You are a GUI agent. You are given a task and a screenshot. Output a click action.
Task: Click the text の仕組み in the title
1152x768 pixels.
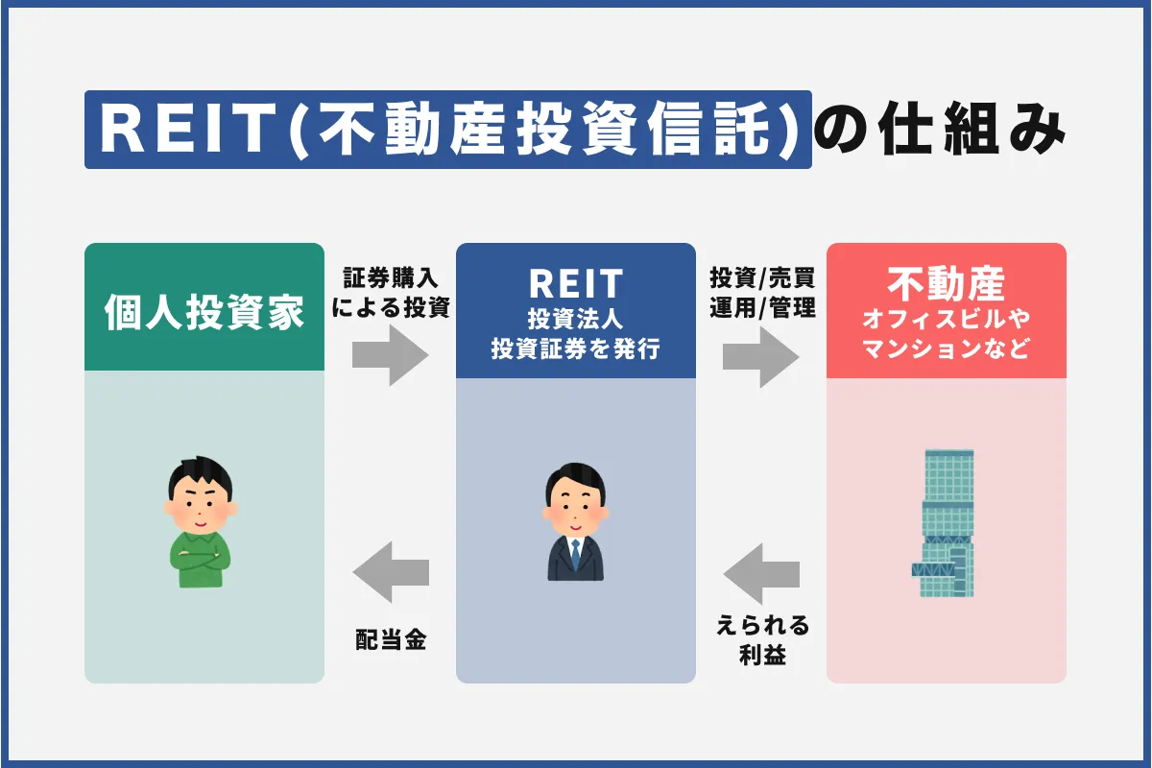[x=940, y=131]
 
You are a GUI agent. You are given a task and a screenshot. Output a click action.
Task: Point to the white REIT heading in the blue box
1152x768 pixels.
[x=575, y=284]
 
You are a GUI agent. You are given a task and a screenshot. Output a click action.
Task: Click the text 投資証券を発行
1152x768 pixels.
[x=575, y=350]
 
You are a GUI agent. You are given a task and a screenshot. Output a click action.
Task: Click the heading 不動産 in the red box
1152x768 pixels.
[x=946, y=284]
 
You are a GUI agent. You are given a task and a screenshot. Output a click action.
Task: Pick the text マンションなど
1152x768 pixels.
[x=946, y=349]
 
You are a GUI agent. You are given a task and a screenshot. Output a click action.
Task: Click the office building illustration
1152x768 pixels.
[x=944, y=523]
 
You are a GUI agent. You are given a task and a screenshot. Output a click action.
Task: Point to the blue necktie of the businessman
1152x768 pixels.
[x=575, y=553]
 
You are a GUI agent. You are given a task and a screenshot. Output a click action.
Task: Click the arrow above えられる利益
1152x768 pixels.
[x=760, y=575]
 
